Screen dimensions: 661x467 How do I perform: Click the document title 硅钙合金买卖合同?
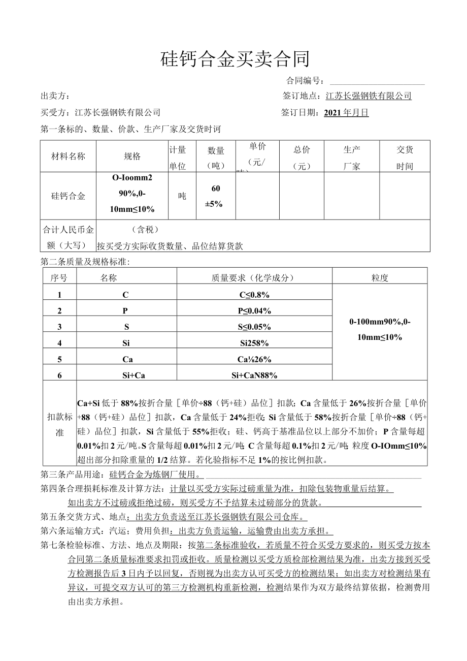(x=235, y=59)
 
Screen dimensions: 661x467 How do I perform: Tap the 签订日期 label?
(x=299, y=113)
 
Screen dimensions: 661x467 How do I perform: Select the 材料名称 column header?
(x=68, y=156)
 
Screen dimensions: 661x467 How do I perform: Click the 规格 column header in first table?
(x=132, y=156)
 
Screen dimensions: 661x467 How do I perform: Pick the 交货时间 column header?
(x=405, y=157)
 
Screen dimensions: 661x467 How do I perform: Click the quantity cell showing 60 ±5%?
(x=216, y=196)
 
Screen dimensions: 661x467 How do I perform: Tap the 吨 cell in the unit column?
(x=182, y=196)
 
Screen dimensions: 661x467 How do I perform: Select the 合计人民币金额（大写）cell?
(x=68, y=237)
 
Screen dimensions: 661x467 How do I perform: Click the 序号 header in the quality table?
(x=59, y=277)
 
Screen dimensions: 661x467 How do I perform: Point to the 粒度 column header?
(x=380, y=277)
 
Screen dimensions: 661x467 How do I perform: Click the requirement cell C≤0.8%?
(x=254, y=295)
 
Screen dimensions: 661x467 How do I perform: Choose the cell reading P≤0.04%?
(x=254, y=311)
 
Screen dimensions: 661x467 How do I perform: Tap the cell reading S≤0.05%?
(x=254, y=327)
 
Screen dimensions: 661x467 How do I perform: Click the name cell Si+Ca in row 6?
(x=126, y=375)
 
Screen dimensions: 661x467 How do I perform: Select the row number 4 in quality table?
(x=59, y=343)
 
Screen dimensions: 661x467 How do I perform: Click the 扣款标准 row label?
(x=59, y=424)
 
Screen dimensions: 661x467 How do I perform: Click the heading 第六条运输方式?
(x=73, y=531)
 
